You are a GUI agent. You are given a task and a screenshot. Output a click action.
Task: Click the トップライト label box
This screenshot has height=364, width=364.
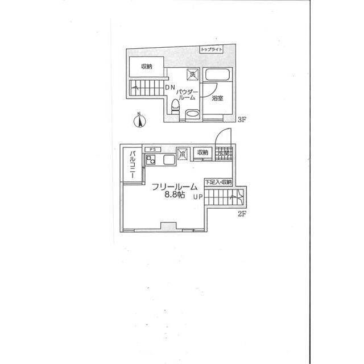click(x=212, y=50)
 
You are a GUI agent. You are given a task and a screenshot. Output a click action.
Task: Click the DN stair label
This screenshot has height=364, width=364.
click(x=170, y=88)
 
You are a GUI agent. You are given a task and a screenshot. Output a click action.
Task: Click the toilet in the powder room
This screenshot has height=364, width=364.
click(x=176, y=109)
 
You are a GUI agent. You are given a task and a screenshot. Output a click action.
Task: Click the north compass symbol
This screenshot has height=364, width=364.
click(x=140, y=121)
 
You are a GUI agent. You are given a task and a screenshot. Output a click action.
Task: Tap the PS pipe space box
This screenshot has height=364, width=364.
click(x=151, y=149)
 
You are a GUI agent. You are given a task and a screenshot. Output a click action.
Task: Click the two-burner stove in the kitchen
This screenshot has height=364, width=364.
click(x=151, y=160)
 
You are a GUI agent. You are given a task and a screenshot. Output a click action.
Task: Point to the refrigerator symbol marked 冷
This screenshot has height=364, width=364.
click(x=183, y=153)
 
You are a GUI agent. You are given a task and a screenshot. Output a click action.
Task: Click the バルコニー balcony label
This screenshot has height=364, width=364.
click(x=131, y=164)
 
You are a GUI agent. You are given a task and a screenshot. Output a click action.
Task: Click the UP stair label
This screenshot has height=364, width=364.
click(x=197, y=197)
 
